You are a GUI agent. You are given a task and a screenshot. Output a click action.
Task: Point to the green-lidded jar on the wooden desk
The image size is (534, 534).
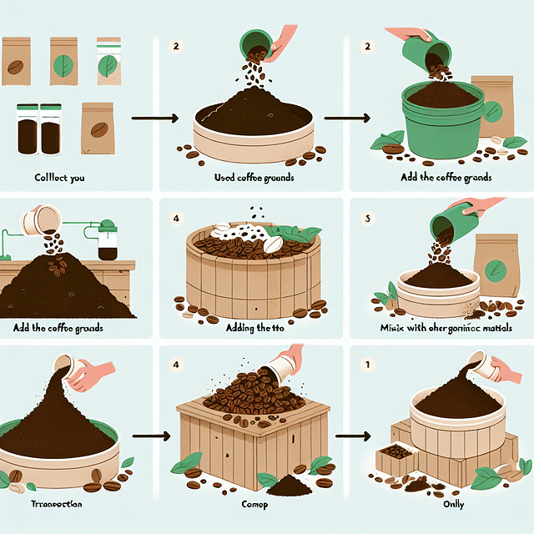tap(107, 239)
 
